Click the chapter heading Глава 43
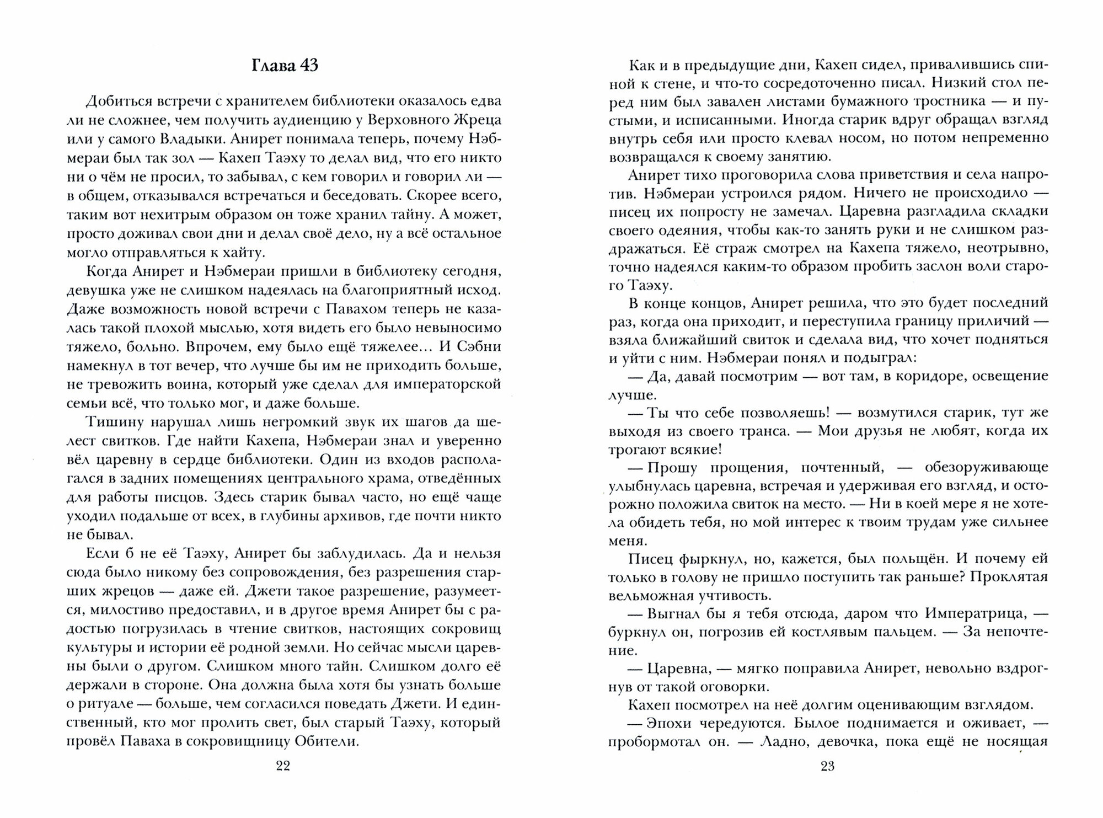pyautogui.click(x=285, y=66)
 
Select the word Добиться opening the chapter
pyautogui.click(x=116, y=101)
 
